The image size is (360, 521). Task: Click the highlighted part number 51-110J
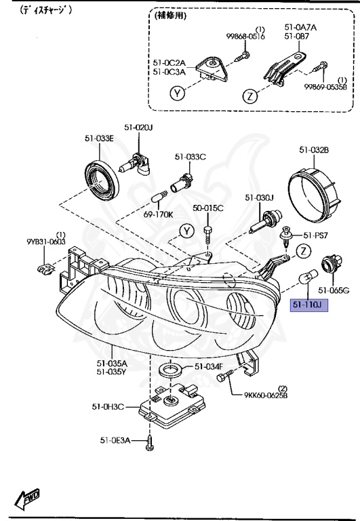pos(309,305)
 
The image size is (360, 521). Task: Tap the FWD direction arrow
pos(26,499)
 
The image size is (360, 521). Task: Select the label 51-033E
pos(99,138)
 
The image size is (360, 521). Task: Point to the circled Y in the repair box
pos(177,94)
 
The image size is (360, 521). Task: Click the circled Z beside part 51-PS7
pos(304,251)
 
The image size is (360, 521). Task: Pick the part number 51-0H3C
pos(108,406)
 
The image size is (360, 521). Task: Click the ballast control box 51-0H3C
pos(172,406)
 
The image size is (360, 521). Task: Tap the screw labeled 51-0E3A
pos(149,442)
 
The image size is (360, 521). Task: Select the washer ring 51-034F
pos(170,370)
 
